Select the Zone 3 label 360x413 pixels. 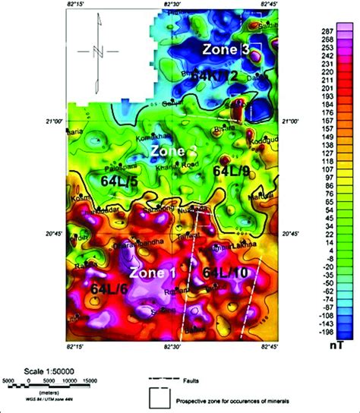point(226,49)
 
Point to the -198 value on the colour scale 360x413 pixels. point(331,332)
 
